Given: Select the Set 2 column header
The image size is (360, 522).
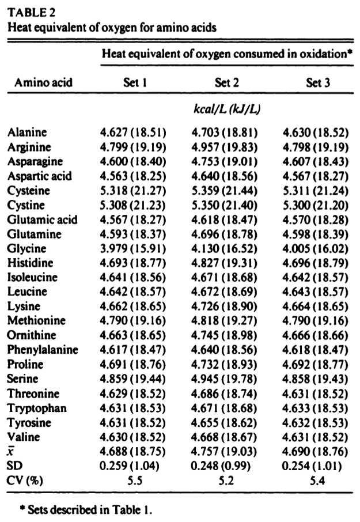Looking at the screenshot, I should tap(226, 82).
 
